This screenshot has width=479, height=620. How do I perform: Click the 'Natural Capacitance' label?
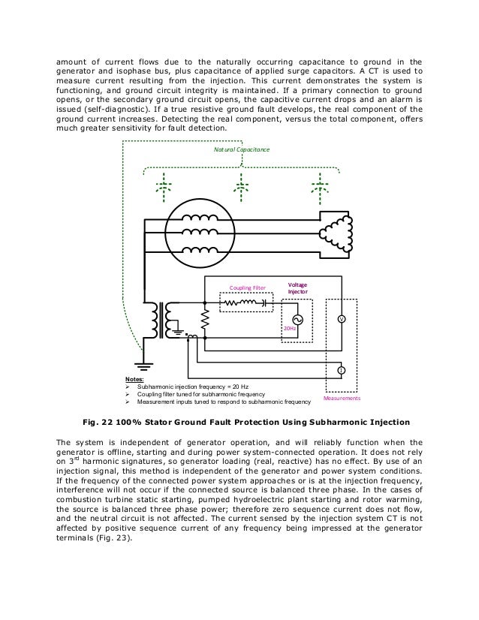[241, 151]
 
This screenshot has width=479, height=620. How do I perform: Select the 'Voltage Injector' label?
[298, 287]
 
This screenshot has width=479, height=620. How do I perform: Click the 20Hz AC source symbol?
[286, 318]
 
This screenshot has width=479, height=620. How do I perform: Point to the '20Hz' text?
[290, 330]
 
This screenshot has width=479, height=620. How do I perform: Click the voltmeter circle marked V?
[342, 318]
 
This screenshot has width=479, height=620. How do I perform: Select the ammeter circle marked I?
[342, 371]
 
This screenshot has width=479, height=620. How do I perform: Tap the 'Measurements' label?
[342, 399]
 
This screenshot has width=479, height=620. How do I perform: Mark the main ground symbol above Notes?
[139, 365]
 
